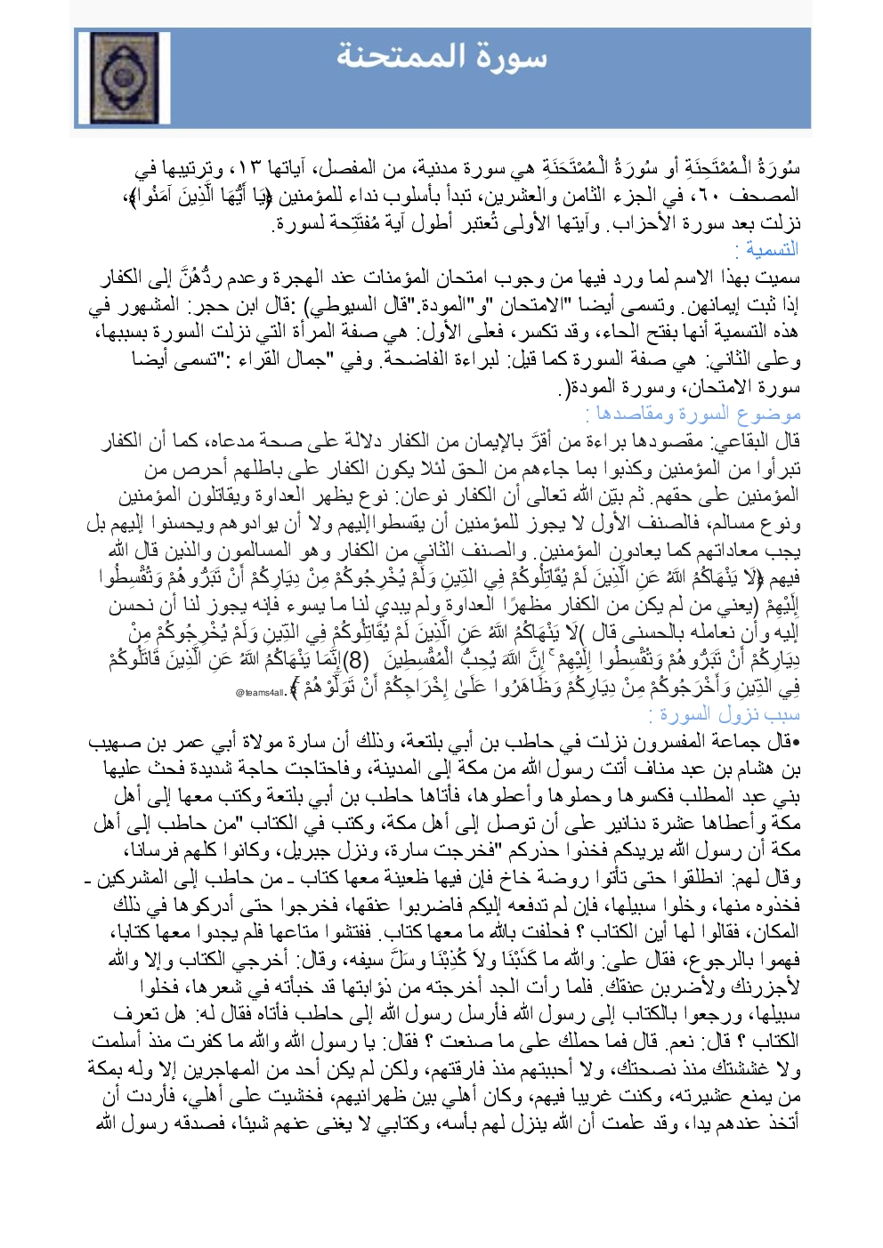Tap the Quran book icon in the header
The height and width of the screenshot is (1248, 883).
click(136, 78)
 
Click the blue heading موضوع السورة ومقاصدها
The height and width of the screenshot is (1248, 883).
click(693, 414)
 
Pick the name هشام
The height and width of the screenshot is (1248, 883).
click(749, 769)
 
